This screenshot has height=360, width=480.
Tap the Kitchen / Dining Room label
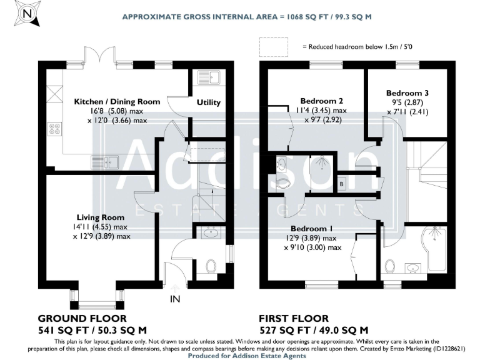(117, 102)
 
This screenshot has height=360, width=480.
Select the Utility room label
(208, 102)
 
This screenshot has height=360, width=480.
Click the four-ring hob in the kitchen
(54, 129)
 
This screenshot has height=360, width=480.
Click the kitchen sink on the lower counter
(106, 162)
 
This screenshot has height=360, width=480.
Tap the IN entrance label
(175, 299)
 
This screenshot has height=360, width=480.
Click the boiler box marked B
(342, 184)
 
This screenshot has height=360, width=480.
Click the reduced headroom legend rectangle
(273, 46)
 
